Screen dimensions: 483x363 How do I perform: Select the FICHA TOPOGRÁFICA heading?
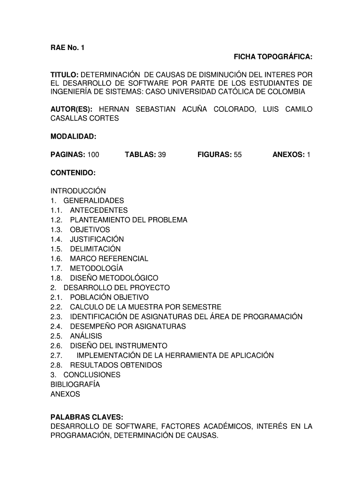pos(273,58)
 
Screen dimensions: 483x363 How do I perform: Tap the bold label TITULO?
pos(65,75)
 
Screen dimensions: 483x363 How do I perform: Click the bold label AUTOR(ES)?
pos(71,109)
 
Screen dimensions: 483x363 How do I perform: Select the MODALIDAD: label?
pos(73,137)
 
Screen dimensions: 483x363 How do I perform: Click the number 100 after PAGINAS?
pos(93,154)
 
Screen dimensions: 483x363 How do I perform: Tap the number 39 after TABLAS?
pos(162,154)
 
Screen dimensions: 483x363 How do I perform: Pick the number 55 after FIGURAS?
pos(238,154)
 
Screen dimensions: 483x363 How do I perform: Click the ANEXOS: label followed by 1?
pos(289,154)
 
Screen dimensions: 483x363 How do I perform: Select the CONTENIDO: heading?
pos(73,174)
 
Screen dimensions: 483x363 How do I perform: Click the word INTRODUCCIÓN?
pos(78,191)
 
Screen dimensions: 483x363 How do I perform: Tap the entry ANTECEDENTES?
pos(99,210)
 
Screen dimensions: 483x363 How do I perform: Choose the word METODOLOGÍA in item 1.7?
pos(97,268)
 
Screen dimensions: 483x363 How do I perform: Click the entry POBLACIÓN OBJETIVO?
pos(109,298)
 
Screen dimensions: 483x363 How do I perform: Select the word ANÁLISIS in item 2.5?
pos(86,336)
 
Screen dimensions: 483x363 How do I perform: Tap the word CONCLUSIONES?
pos(92,375)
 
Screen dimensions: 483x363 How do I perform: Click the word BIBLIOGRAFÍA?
pos(75,384)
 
